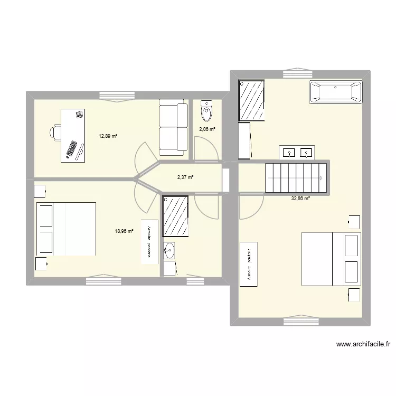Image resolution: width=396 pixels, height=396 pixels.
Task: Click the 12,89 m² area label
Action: pyautogui.click(x=107, y=136)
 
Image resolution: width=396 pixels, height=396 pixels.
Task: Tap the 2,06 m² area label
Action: pyautogui.click(x=206, y=129)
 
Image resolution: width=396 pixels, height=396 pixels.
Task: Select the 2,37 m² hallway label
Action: pyautogui.click(x=185, y=177)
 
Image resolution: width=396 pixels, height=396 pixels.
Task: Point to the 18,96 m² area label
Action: pyautogui.click(x=124, y=231)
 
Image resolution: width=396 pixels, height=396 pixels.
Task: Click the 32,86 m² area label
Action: pyautogui.click(x=300, y=199)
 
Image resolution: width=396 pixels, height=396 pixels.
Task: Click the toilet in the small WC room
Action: pyautogui.click(x=206, y=111)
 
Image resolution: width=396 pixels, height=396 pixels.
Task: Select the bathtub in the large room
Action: pyautogui.click(x=336, y=91)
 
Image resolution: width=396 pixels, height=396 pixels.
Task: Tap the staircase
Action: pyautogui.click(x=295, y=178)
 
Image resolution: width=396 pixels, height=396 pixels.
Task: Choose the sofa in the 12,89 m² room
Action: pyautogui.click(x=173, y=129)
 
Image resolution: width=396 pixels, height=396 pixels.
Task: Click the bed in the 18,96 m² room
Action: pyautogui.click(x=66, y=229)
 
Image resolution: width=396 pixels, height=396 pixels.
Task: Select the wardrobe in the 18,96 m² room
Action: pyautogui.click(x=149, y=241)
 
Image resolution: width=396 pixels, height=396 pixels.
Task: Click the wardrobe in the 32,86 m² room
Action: pyautogui.click(x=248, y=265)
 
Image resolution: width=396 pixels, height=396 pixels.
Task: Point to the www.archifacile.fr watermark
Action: pyautogui.click(x=363, y=345)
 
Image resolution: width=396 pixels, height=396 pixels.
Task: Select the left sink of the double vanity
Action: pyautogui.click(x=289, y=153)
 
